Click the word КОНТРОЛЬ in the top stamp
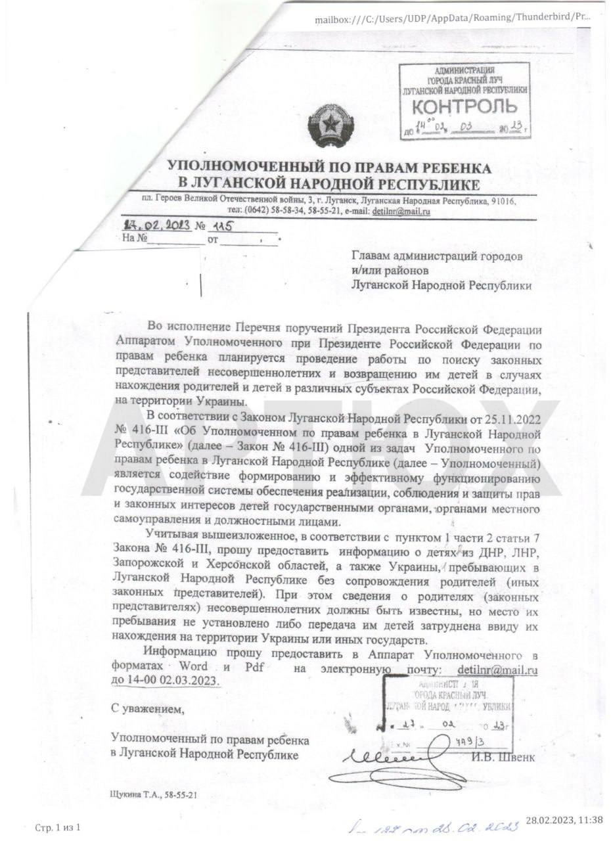[464, 106]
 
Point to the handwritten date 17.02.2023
[157, 225]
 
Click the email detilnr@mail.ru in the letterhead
[401, 211]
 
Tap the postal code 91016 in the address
[502, 200]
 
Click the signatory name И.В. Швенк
[503, 758]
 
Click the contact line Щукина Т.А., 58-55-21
[154, 794]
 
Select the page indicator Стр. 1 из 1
[57, 827]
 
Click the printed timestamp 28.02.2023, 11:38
[564, 819]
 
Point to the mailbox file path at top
[452, 18]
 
